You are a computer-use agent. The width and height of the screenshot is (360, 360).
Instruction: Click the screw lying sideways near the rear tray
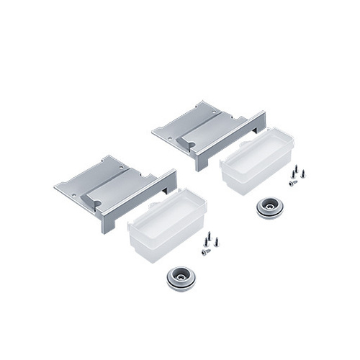tap(293, 183)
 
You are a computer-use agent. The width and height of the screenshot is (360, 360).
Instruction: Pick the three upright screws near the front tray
tap(210, 238)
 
